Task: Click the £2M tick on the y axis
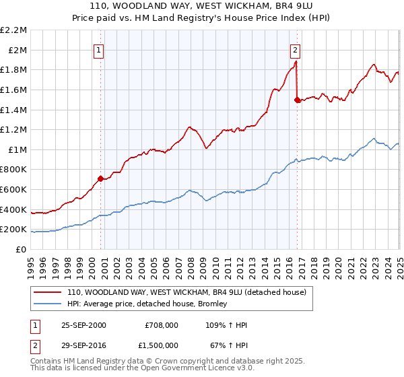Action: pos(18,50)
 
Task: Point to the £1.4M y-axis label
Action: pos(15,110)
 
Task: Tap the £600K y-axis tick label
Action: pos(15,189)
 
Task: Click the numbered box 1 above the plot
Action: pos(99,49)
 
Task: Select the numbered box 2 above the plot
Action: pos(295,49)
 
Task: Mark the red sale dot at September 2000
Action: pos(100,178)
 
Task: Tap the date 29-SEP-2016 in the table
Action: pos(83,345)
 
